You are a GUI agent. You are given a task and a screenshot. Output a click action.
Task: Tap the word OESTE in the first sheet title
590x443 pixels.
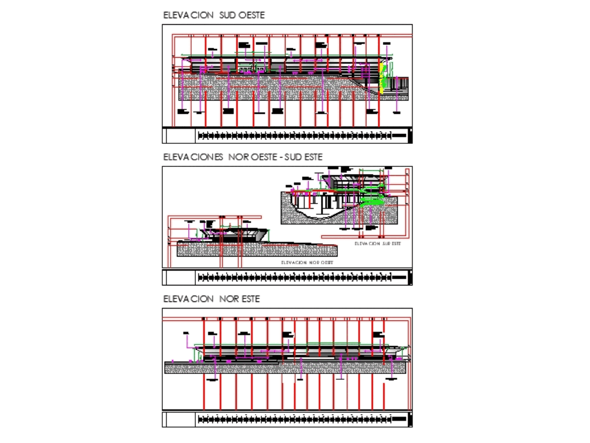tap(251, 15)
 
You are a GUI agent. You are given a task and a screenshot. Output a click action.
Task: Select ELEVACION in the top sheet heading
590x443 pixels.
tap(189, 15)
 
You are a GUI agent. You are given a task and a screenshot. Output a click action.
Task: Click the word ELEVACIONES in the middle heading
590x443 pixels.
tap(193, 157)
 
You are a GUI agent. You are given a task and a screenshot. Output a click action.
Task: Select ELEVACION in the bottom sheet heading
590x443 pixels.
tap(189, 299)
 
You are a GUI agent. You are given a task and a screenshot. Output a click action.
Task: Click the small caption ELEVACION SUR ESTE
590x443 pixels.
tap(376, 243)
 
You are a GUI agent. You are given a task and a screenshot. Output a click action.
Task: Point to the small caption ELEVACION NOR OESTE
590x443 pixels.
tap(307, 262)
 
